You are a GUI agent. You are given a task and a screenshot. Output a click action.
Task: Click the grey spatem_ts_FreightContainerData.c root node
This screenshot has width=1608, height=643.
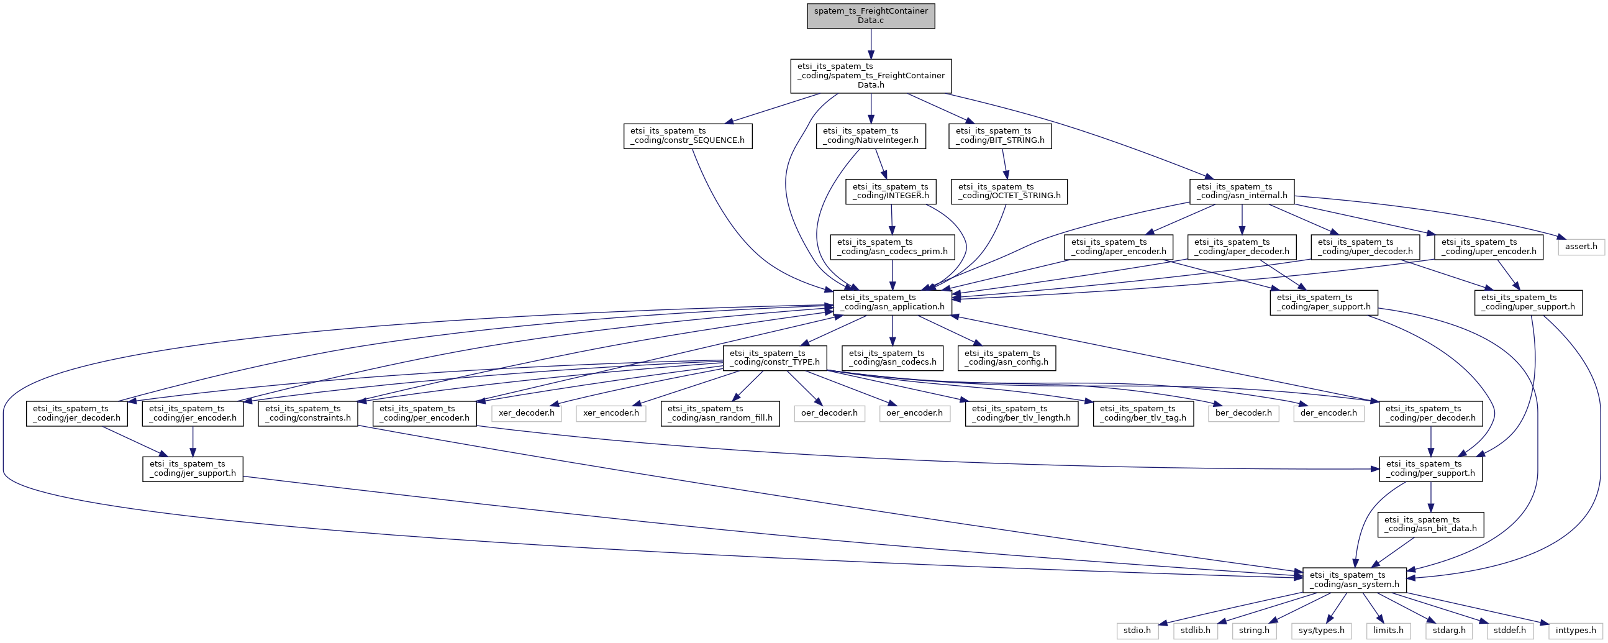coord(871,16)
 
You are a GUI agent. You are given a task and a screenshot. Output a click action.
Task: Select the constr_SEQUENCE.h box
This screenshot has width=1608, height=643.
coord(688,136)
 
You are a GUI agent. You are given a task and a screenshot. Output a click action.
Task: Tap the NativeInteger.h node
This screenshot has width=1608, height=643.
coord(871,136)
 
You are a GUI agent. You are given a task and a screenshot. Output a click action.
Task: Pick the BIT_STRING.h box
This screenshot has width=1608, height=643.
coord(1000,136)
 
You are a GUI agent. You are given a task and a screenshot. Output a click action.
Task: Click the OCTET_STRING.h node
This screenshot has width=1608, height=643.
coord(1009,191)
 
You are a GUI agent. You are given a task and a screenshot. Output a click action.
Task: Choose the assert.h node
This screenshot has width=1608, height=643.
coord(1581,247)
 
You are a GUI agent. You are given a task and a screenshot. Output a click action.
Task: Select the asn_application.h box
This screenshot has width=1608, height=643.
coord(893,302)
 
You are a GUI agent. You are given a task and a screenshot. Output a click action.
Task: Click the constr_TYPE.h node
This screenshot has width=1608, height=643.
coord(774,358)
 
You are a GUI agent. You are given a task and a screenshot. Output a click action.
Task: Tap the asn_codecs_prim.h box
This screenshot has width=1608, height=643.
coord(892,247)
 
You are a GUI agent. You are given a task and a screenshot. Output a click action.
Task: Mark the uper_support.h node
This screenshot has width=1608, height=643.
coord(1528,302)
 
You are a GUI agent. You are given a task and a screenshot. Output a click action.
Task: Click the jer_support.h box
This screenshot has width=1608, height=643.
coord(193,469)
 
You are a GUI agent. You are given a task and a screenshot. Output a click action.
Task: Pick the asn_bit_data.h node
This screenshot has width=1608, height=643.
coord(1431,524)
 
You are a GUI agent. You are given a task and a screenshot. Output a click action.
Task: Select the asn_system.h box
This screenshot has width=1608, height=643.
coord(1355,580)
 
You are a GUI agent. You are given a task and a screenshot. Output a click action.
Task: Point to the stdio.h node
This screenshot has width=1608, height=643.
coord(1137,631)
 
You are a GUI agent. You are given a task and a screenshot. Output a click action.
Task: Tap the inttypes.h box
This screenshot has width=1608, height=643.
coord(1576,631)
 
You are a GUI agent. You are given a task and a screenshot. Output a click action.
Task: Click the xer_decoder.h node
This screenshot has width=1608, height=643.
coord(526,413)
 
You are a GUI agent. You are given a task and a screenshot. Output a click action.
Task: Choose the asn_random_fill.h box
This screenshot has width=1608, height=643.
coord(720,413)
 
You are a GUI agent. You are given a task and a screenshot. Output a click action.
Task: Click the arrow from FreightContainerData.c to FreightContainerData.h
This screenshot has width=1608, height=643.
coord(871,43)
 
